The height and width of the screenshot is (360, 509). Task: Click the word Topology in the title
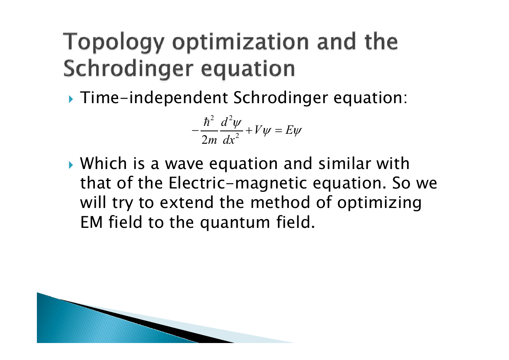click(114, 43)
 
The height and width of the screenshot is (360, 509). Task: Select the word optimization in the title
click(240, 43)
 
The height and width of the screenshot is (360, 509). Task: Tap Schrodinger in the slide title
click(128, 69)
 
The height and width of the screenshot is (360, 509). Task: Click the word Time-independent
click(154, 98)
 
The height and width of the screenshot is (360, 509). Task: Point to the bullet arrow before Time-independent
click(71, 99)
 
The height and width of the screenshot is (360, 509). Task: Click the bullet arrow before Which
click(71, 165)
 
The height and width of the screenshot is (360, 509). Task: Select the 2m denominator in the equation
click(209, 140)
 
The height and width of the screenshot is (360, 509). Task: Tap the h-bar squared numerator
click(208, 121)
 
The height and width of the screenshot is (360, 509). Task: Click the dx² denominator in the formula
click(231, 139)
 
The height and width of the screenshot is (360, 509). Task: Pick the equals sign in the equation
click(279, 130)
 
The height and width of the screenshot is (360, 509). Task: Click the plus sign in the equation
click(249, 130)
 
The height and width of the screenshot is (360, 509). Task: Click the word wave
click(184, 164)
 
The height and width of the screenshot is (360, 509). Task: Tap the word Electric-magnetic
click(238, 183)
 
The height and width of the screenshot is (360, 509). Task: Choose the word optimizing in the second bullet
click(379, 203)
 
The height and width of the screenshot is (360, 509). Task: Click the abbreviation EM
click(91, 222)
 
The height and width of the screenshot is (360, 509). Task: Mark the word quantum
click(235, 223)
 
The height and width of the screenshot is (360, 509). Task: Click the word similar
click(344, 163)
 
